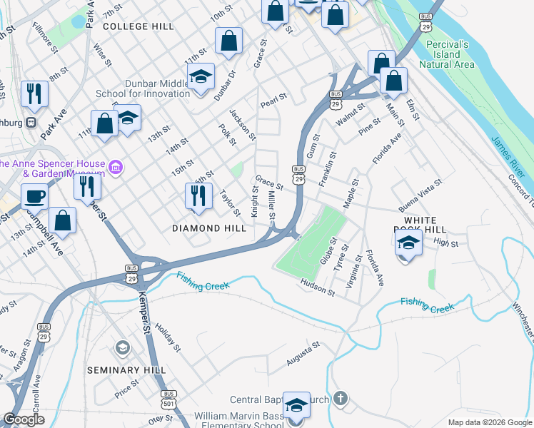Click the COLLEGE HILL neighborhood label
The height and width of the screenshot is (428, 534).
tap(138, 26)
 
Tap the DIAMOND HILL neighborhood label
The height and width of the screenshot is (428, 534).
tap(209, 228)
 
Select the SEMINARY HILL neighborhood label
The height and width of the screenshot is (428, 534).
tap(126, 370)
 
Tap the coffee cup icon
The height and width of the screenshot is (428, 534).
tap(34, 196)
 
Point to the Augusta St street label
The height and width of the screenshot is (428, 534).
tap(303, 354)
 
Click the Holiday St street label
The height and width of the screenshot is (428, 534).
tap(168, 337)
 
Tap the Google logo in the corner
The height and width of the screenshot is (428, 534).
tap(24, 419)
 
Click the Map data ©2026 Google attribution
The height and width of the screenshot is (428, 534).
tap(489, 422)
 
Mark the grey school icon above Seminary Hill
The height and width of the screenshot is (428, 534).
tap(123, 348)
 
